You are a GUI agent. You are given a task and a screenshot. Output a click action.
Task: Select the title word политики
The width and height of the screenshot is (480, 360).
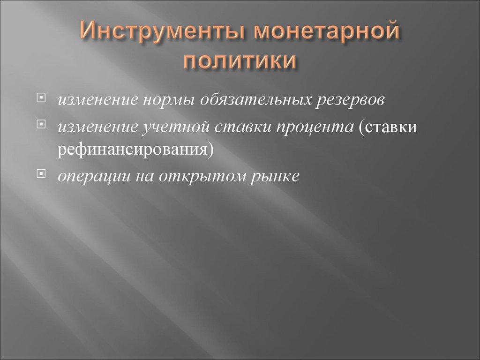(240, 62)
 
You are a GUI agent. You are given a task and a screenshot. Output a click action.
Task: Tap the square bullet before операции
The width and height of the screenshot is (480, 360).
(42, 174)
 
